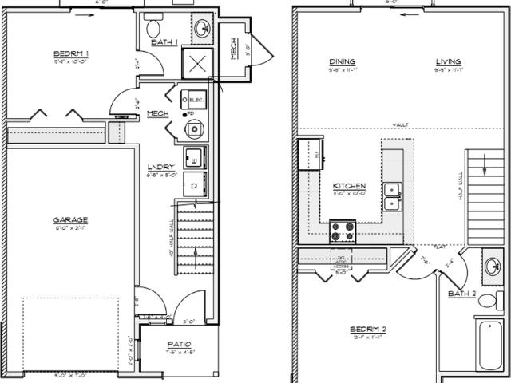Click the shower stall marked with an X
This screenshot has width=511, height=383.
point(197,64)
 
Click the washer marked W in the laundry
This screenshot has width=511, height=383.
point(194,156)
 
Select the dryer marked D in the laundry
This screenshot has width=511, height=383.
point(194,184)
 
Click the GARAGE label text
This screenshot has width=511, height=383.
point(70,219)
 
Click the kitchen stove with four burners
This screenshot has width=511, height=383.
point(343,231)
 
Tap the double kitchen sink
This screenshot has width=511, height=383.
point(393,196)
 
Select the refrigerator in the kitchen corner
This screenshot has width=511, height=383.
point(310,154)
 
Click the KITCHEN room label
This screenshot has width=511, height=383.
point(349,184)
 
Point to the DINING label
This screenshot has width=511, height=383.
point(342,62)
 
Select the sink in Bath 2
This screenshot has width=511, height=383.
point(493,267)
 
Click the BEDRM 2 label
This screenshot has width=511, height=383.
point(368,330)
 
